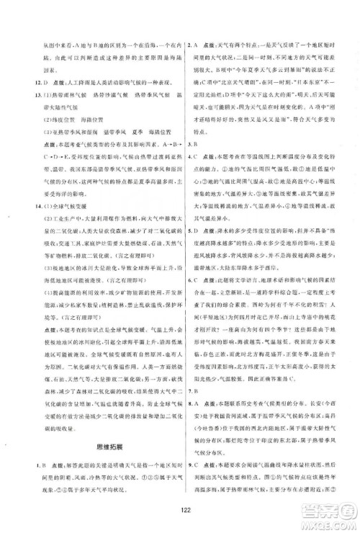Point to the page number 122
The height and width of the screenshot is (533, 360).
pos(179,516)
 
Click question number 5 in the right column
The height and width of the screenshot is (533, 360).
pos(189,230)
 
